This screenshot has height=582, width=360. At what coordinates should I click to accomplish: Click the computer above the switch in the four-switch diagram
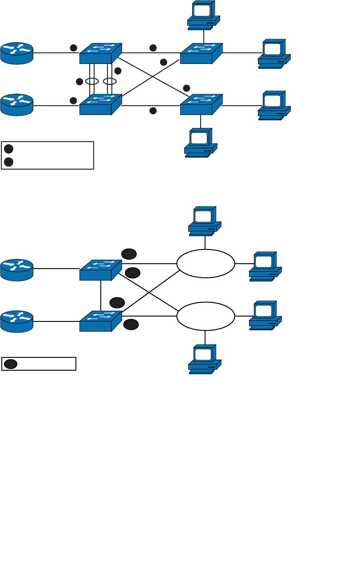tap(204, 15)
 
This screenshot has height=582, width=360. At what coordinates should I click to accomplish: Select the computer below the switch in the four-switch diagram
tap(201, 143)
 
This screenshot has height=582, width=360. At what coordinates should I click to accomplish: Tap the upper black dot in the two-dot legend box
tap(9, 149)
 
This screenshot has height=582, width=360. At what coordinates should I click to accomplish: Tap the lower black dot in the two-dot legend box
tap(9, 162)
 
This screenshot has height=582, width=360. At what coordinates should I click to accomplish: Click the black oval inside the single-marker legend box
tap(11, 364)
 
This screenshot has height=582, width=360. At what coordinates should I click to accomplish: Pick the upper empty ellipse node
tap(206, 263)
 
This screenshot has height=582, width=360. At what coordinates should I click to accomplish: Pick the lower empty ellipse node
tap(206, 316)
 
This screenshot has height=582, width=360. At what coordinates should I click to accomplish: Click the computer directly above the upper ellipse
tap(205, 221)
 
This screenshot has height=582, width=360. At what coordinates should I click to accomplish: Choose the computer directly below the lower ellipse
tap(205, 359)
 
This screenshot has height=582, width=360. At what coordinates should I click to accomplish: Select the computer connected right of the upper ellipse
tap(265, 266)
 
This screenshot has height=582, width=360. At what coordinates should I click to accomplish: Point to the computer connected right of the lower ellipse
tap(265, 315)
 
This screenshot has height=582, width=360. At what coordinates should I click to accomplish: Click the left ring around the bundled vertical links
tap(92, 81)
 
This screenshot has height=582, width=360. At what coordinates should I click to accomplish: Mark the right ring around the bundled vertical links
tap(110, 81)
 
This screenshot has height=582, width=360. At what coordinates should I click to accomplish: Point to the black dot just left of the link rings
tap(79, 81)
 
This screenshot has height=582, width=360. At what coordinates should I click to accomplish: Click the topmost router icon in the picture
tap(17, 53)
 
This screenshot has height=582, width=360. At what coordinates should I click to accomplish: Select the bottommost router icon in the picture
tap(17, 321)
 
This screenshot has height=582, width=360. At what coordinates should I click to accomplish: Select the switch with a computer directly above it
tap(201, 53)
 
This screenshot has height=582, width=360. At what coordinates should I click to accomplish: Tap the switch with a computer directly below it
tap(201, 104)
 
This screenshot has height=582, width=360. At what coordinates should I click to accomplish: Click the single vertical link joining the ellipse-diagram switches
tap(101, 295)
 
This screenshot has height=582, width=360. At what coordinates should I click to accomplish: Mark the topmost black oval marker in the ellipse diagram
tap(129, 254)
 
